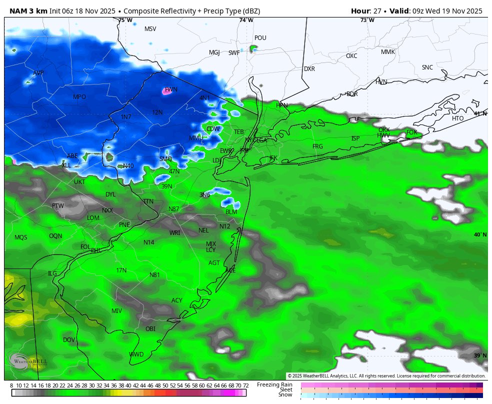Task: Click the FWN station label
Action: pos(171,89)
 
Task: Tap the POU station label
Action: pos(260,38)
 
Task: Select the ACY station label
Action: pos(177,300)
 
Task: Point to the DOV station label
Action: pos(69,340)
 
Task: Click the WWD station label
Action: pos(136,354)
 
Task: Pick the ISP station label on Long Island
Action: pos(355,138)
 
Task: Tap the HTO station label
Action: pos(457,118)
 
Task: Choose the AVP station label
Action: pos(38,73)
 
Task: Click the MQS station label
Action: pos(21,237)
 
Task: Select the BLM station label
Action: pos(231,212)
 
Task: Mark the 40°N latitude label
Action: pos(480,235)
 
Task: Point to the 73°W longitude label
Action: pos(367,20)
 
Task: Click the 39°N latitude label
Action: pos(480,355)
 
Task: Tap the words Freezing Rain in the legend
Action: pos(274,384)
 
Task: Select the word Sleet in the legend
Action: pos(285,389)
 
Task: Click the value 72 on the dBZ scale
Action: pos(245,385)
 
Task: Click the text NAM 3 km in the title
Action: pos(27,11)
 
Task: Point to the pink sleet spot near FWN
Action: pos(167,91)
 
